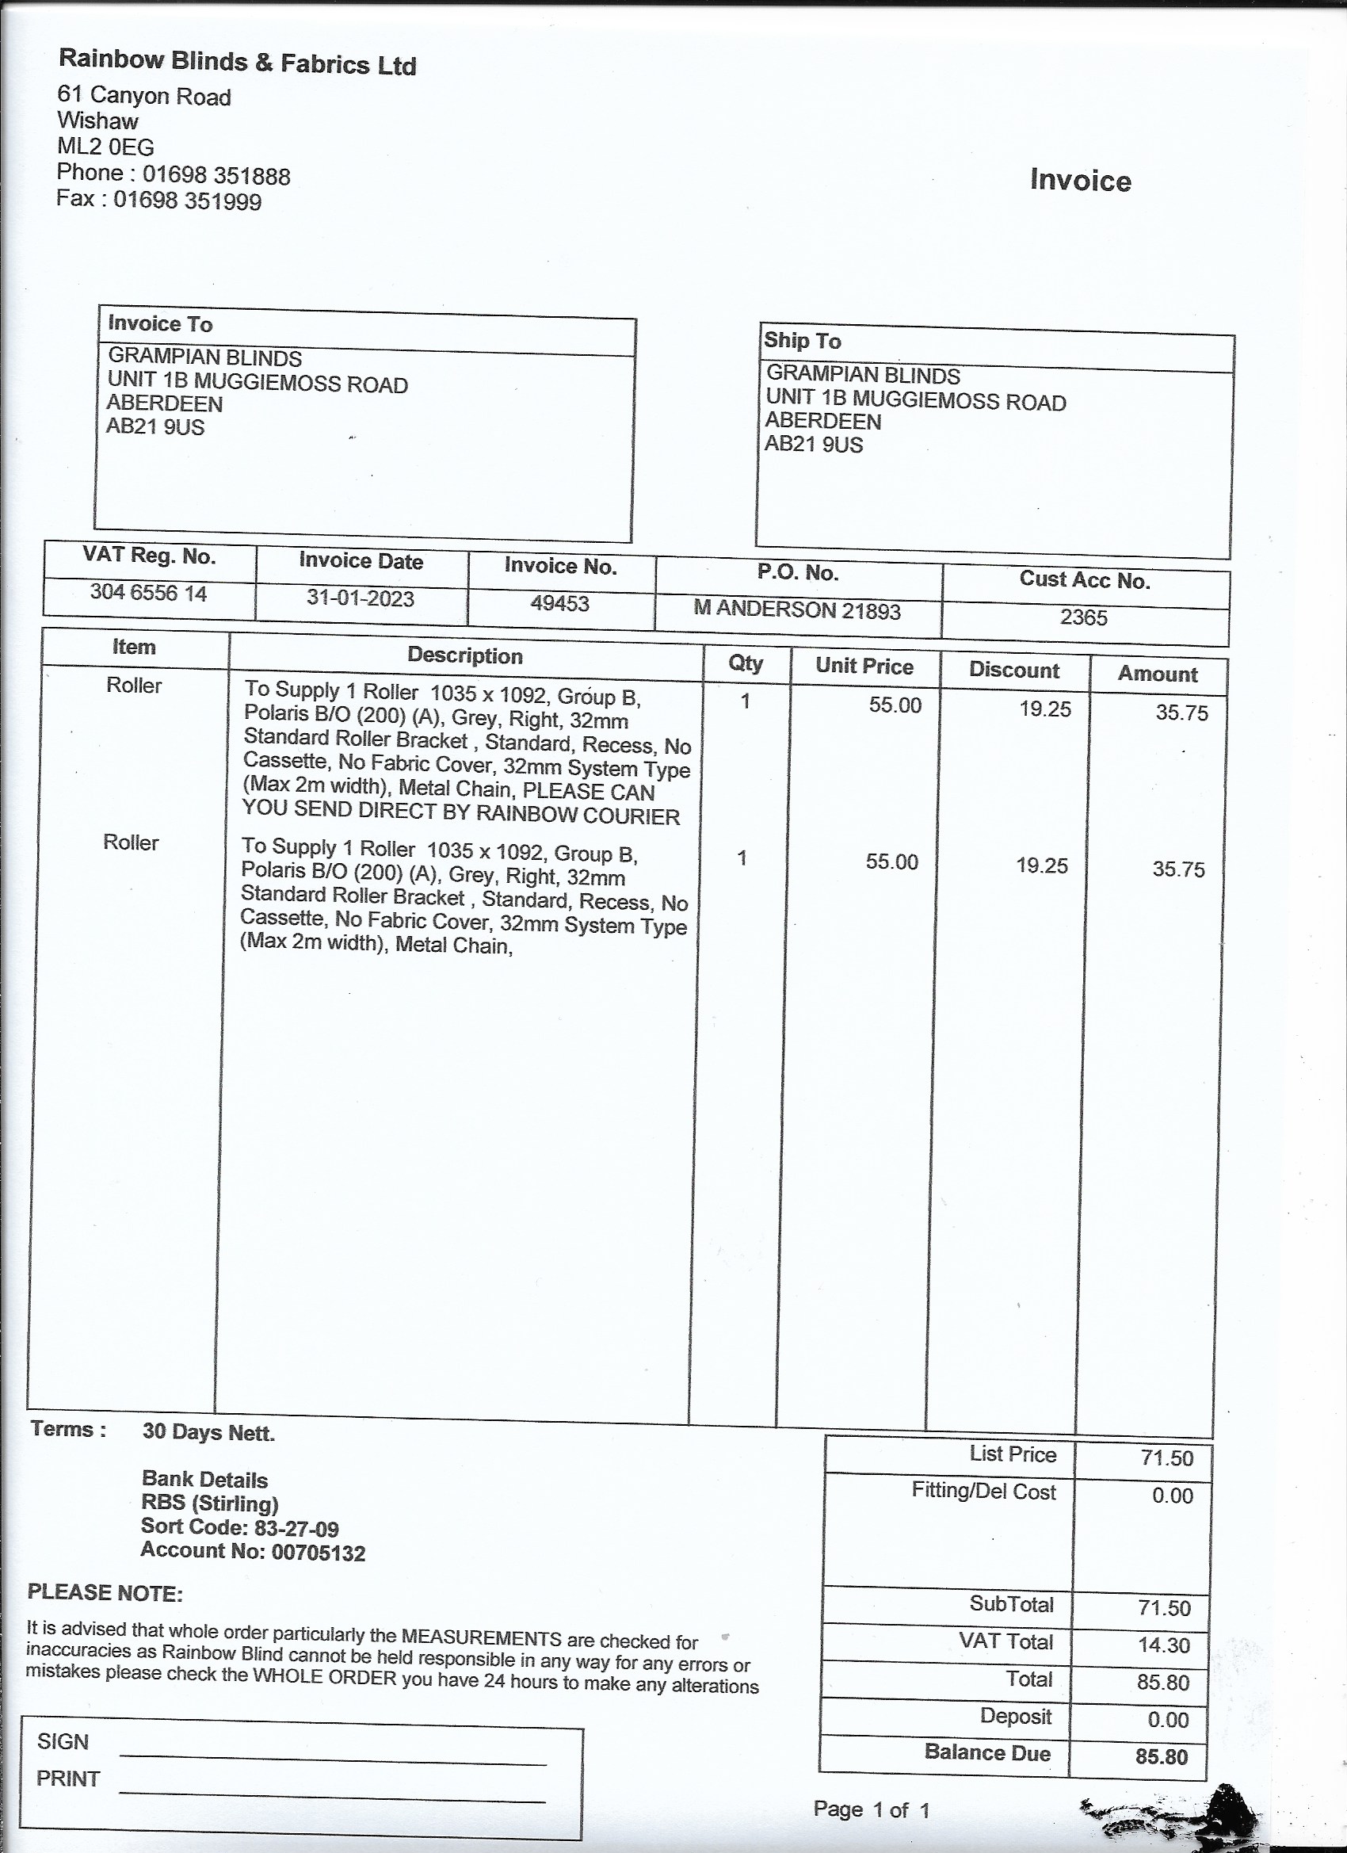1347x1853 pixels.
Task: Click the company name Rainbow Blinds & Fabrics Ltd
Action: click(x=238, y=62)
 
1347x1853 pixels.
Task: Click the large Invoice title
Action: click(x=1080, y=180)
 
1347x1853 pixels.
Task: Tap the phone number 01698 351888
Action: click(x=216, y=175)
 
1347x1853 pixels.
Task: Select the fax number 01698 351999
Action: click(x=187, y=201)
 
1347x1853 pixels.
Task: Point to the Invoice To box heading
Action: click(x=160, y=324)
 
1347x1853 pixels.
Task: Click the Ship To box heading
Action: click(x=802, y=341)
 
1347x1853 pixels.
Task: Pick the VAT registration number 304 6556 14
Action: click(x=149, y=592)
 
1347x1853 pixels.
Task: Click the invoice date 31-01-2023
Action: click(x=361, y=598)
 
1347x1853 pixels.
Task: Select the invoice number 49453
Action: click(x=559, y=604)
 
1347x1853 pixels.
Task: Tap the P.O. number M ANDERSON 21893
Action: click(x=796, y=610)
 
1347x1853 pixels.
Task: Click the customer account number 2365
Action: click(x=1083, y=617)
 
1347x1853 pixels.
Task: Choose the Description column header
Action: click(x=465, y=655)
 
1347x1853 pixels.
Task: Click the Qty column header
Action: click(x=745, y=663)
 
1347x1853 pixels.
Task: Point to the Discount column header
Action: click(x=1013, y=670)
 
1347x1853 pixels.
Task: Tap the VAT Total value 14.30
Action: click(x=1164, y=1645)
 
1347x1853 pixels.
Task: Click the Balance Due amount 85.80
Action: click(x=1161, y=1756)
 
